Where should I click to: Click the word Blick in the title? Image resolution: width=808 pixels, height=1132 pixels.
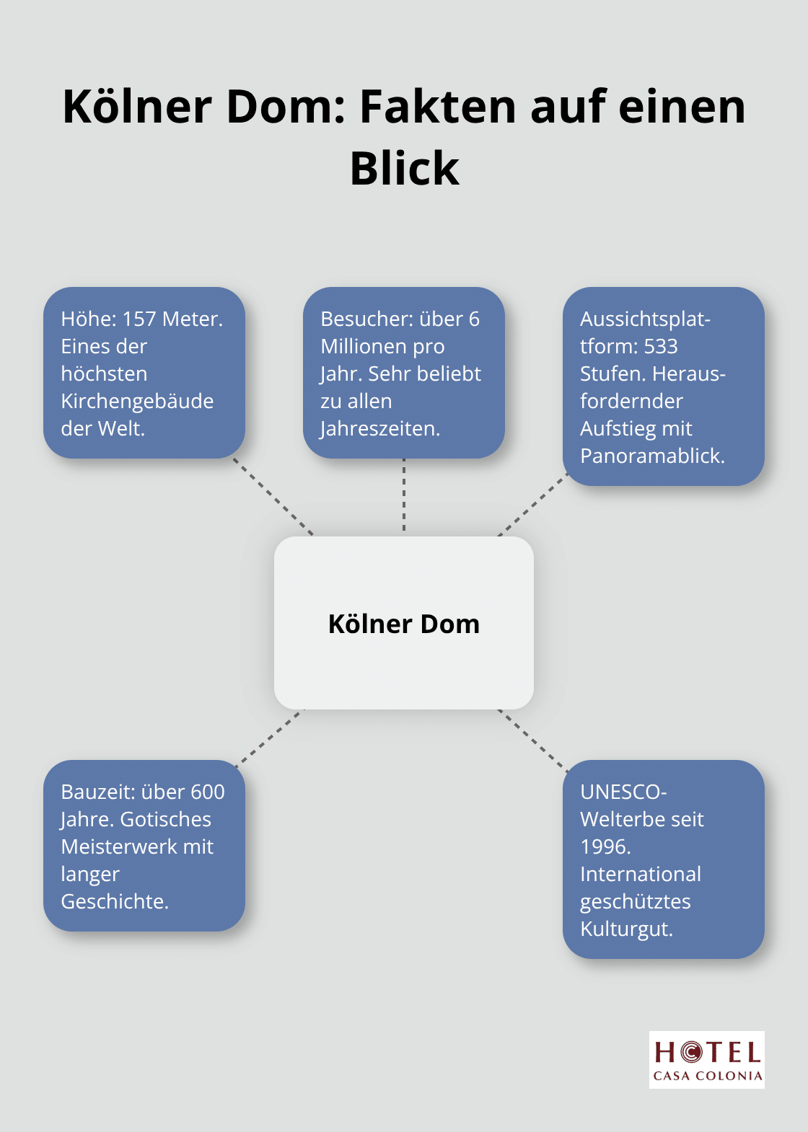404,169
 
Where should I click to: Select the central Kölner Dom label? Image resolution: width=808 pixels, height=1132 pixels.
404,624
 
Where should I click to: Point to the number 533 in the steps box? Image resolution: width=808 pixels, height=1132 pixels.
660,346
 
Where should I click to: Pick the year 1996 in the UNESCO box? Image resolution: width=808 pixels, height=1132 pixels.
605,846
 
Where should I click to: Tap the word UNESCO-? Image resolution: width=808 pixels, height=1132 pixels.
623,792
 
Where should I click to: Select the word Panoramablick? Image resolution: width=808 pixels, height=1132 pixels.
652,456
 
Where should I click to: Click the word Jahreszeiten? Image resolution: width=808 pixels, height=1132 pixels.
380,428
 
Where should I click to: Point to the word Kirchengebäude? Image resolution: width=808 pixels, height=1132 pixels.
137,401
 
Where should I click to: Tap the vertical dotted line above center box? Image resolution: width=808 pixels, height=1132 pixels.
404,496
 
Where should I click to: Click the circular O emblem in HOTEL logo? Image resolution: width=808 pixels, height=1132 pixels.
690,1053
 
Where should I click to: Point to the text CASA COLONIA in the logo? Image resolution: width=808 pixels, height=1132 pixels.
707,1076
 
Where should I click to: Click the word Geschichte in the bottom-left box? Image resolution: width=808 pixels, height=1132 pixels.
114,901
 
